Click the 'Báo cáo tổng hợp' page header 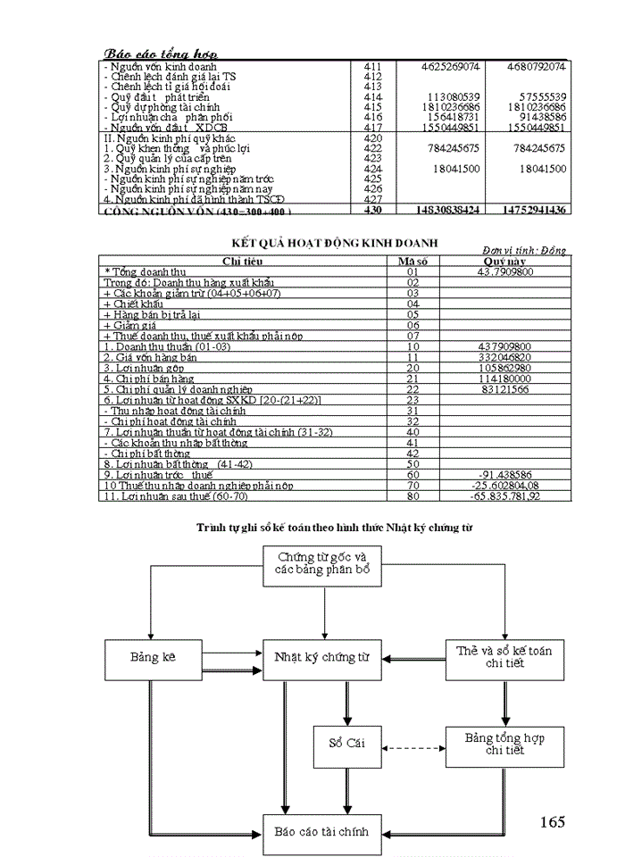click(x=161, y=54)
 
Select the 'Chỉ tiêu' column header click(x=244, y=261)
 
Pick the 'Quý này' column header click(x=504, y=261)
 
